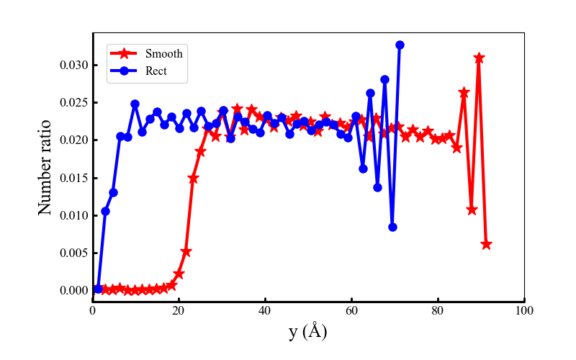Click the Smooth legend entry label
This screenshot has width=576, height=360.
tap(163, 54)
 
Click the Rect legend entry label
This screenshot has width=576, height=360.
tap(156, 71)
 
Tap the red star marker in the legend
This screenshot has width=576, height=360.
tap(124, 54)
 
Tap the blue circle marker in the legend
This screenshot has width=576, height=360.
tap(124, 71)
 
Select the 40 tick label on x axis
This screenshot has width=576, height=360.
tap(265, 311)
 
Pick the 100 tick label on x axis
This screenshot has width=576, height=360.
tap(524, 311)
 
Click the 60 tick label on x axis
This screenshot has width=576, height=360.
tap(351, 311)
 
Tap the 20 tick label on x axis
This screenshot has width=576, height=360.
tap(179, 311)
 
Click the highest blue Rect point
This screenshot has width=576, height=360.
tap(400, 45)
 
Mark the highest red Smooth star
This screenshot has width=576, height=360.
tap(479, 58)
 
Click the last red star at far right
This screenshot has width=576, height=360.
tap(486, 244)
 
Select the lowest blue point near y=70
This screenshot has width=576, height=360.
tap(392, 227)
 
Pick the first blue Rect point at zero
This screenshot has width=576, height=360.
tap(98, 289)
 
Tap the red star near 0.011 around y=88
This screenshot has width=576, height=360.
tap(472, 210)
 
